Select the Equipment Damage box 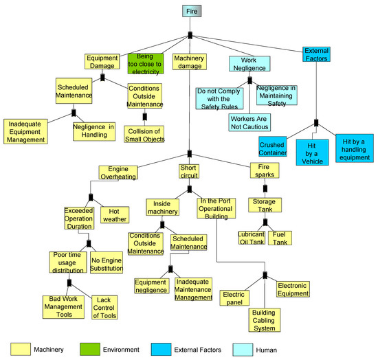[103, 62]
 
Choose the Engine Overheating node [118, 172]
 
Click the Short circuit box [189, 172]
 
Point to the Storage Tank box [265, 206]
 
